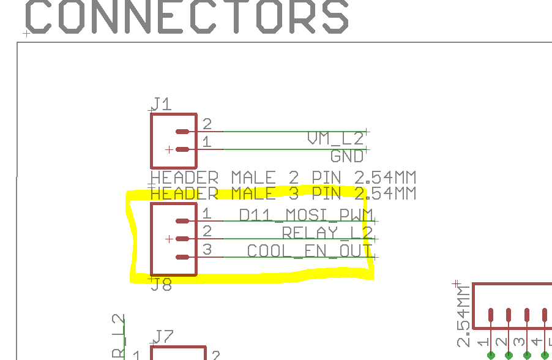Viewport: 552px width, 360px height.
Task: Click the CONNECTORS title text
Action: pos(187,17)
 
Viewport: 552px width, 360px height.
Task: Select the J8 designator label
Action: pos(162,285)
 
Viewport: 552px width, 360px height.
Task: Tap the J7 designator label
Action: pos(163,336)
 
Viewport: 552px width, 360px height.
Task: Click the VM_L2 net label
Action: pos(335,139)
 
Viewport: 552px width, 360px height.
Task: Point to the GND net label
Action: pos(347,156)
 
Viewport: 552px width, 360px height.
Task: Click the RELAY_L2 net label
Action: pos(327,233)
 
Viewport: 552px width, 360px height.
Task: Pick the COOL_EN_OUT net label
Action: pos(309,251)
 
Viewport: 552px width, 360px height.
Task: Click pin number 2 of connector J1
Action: pos(207,125)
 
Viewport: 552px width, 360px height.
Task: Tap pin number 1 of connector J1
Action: pos(207,142)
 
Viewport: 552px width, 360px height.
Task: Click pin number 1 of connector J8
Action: pos(207,214)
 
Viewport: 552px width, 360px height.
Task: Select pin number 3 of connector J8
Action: pos(207,250)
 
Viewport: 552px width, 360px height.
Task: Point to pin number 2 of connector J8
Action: pos(207,231)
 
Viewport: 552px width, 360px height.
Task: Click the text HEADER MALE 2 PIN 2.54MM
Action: pos(283,178)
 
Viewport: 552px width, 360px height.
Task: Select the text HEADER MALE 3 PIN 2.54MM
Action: pos(283,193)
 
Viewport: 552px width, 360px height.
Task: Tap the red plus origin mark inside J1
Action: pos(169,149)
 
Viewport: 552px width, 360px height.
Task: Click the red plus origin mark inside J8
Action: pos(169,239)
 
